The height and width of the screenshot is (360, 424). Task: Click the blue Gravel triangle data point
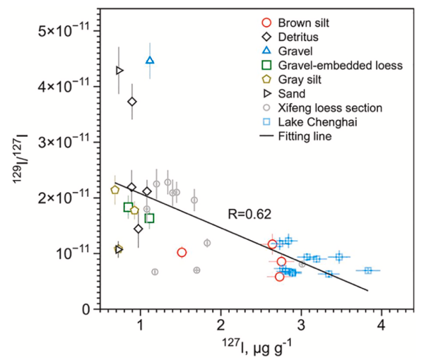149,61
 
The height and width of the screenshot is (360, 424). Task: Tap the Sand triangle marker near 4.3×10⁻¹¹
119,71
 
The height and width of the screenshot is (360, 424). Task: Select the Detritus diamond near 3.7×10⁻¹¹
132,102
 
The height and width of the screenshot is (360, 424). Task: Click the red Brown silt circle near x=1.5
182,253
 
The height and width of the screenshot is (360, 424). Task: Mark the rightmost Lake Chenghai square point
368,270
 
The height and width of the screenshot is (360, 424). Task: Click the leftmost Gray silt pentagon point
115,190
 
